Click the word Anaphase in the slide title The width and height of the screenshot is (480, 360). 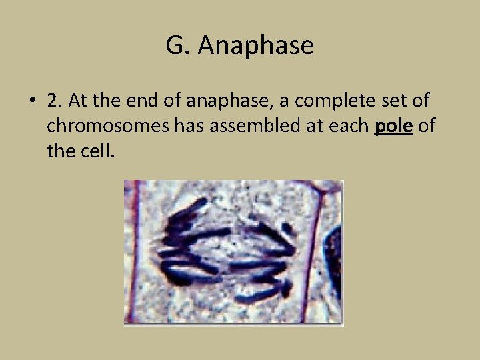pyautogui.click(x=256, y=46)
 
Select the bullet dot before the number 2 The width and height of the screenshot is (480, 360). pyautogui.click(x=32, y=101)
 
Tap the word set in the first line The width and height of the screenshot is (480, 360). pyautogui.click(x=392, y=101)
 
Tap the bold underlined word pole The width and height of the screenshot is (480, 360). pyautogui.click(x=394, y=126)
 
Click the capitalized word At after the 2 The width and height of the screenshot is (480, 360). pyautogui.click(x=77, y=101)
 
